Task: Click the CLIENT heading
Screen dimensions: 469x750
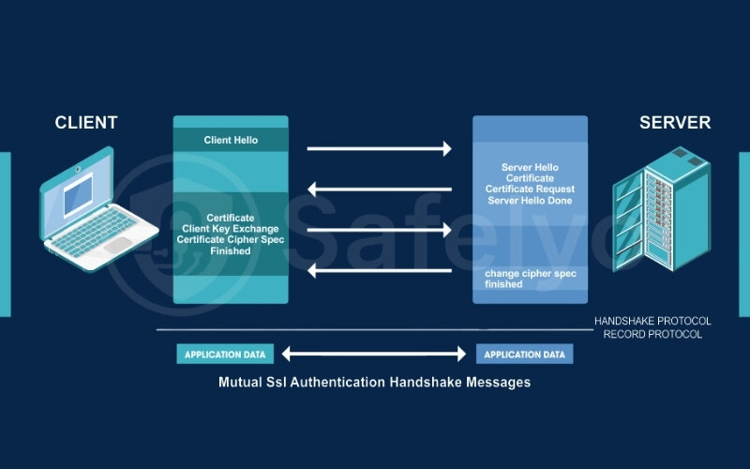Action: point(86,123)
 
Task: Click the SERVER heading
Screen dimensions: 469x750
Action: point(675,123)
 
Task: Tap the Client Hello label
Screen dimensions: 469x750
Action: point(231,141)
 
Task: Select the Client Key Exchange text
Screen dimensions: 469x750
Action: point(231,228)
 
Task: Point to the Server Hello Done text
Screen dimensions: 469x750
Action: point(530,202)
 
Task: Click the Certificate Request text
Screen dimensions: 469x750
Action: point(530,189)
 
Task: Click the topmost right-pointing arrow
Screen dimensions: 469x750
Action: point(379,148)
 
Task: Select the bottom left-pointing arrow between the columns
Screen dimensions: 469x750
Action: point(379,271)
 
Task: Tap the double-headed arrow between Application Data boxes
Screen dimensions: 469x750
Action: point(375,355)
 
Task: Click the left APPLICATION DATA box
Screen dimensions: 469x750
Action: point(225,355)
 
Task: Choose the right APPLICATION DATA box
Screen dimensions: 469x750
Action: point(525,355)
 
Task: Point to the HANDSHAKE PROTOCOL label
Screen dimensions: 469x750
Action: point(652,321)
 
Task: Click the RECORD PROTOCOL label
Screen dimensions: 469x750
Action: point(652,334)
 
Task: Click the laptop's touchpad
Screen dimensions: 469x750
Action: point(117,243)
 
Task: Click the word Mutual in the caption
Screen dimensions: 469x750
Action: point(242,383)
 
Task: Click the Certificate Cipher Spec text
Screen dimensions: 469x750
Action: point(231,239)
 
